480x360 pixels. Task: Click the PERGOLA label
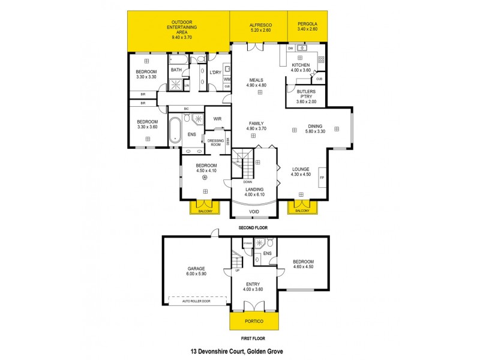point(307,24)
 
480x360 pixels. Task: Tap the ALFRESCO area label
point(260,24)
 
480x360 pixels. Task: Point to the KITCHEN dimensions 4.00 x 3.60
point(301,70)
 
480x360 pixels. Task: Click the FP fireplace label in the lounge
point(322,178)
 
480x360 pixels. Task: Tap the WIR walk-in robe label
point(217,119)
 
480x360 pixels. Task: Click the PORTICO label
point(255,321)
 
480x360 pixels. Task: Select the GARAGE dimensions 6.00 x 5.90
point(196,274)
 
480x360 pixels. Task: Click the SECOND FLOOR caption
point(252,228)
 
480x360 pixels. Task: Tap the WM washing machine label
point(227,79)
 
